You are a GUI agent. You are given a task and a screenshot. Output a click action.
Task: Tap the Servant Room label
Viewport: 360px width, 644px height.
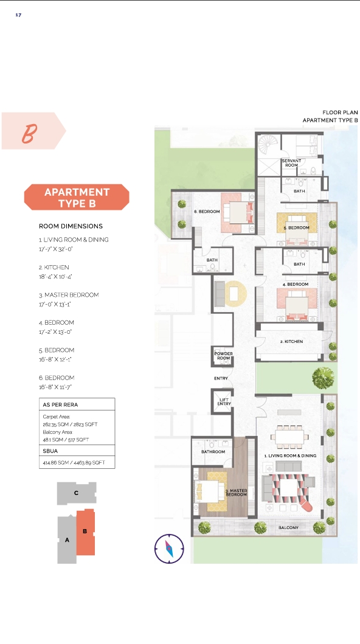(291, 163)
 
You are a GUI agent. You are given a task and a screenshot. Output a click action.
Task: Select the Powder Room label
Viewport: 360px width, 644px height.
(223, 356)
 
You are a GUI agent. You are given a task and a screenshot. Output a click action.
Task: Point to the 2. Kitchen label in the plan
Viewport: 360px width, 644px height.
(291, 342)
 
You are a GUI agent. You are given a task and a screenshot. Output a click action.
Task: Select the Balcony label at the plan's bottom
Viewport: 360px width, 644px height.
(288, 527)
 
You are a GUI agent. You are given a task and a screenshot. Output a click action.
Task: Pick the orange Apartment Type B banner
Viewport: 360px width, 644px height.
(77, 198)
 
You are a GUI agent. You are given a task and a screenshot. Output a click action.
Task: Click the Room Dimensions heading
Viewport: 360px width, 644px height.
(71, 226)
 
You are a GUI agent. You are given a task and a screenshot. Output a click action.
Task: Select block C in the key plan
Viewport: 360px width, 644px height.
(77, 493)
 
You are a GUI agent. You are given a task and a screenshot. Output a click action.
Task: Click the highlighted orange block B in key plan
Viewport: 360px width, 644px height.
(86, 531)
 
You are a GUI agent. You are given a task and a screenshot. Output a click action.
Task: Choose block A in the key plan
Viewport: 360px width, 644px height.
(67, 540)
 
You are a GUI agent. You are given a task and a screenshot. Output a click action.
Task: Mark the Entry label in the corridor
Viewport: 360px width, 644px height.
(221, 379)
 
